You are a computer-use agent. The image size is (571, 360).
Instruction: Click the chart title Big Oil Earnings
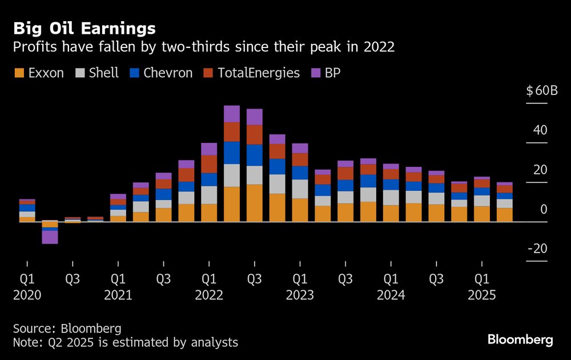(x=85, y=28)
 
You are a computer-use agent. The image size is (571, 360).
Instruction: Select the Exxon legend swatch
(x=19, y=73)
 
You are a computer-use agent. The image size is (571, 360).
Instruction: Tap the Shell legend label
(x=104, y=73)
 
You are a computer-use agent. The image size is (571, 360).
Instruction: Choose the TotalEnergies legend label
(x=259, y=73)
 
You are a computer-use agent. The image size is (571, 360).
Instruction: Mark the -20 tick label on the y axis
(x=537, y=249)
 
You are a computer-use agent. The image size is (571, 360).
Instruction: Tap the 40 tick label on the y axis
(x=540, y=130)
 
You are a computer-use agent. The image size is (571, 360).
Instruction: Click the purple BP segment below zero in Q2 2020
(x=50, y=237)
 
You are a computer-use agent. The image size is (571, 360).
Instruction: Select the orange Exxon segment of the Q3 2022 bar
(x=255, y=203)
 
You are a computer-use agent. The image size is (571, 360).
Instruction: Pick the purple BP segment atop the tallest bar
(x=232, y=114)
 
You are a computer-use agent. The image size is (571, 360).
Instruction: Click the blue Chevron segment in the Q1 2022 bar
(x=209, y=179)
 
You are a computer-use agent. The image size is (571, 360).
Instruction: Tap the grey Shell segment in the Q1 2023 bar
(x=300, y=189)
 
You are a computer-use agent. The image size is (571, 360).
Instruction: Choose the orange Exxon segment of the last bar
(x=505, y=214)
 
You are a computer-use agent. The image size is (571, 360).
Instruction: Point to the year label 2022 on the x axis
(x=209, y=295)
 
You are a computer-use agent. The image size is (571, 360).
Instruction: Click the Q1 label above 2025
(x=482, y=280)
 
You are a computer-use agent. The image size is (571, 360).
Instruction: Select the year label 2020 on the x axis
(x=27, y=295)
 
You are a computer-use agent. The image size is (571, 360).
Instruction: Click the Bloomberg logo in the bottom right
(x=520, y=340)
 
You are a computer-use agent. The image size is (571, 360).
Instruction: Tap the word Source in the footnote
(x=32, y=329)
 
